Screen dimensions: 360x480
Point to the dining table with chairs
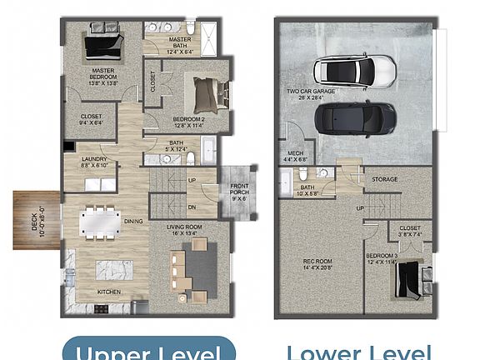point(100,222)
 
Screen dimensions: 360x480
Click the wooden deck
point(36,220)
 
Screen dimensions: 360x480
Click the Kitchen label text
point(111,292)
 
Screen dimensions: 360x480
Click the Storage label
point(384,178)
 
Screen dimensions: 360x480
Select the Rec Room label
point(317,264)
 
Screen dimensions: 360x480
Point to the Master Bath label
point(179,42)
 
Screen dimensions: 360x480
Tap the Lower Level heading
point(358,351)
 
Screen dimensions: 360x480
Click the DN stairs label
point(192,207)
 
